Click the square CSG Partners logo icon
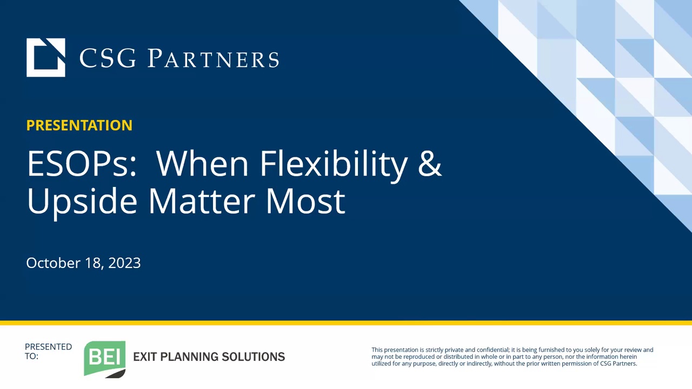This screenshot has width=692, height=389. [46, 57]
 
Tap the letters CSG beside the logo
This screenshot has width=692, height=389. [108, 58]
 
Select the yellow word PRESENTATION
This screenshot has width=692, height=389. [79, 125]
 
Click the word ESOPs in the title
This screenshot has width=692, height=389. [82, 164]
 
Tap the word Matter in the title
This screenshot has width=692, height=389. [202, 202]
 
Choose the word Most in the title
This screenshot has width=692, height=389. [306, 202]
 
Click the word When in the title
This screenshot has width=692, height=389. [202, 164]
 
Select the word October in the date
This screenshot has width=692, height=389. [54, 263]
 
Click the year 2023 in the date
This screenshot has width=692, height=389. [124, 263]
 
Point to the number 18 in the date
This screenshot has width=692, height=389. [93, 263]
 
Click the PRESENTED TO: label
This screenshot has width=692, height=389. [48, 351]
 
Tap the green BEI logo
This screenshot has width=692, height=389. [105, 359]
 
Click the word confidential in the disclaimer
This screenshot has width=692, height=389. [493, 350]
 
